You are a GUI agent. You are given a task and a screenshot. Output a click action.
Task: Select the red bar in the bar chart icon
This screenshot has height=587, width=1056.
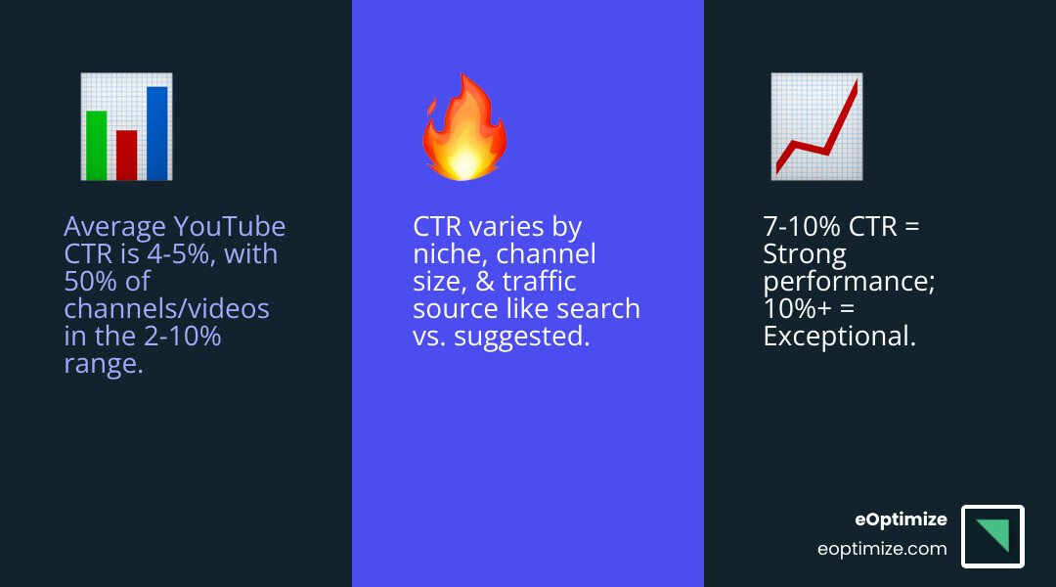126,155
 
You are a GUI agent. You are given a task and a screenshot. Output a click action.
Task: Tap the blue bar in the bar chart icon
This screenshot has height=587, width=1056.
156,133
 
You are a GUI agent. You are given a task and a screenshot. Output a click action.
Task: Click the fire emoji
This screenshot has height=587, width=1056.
463,130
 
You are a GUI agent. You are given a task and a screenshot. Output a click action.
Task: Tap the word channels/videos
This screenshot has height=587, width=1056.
166,309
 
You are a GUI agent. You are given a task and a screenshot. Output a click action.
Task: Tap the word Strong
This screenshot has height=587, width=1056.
805,254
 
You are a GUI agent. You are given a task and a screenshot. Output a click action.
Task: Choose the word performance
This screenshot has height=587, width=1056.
837,282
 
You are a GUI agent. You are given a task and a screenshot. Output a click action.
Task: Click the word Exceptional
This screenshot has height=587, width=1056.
839,337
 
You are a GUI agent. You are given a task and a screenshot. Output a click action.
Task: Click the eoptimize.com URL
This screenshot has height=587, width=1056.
882,549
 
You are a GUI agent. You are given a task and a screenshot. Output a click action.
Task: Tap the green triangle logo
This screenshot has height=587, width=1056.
995,533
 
